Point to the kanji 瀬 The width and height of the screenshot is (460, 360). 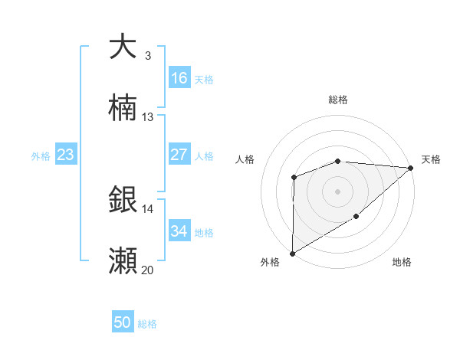tap(123, 261)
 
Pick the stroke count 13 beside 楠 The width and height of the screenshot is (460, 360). tap(148, 117)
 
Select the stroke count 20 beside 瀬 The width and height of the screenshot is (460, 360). tap(148, 270)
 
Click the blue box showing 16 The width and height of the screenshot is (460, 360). tap(179, 78)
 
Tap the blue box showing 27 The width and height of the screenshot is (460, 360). tap(179, 155)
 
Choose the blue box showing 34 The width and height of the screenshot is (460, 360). tap(179, 231)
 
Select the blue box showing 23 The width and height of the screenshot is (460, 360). tap(65, 155)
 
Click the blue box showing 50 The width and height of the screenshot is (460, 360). tap(123, 323)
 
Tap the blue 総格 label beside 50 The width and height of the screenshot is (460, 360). tap(147, 324)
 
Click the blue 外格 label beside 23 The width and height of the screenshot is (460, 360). tap(41, 156)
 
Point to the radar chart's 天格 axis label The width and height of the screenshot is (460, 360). tap(431, 159)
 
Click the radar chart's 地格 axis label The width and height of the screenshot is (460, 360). tap(402, 262)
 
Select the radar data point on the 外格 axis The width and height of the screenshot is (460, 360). tap(292, 253)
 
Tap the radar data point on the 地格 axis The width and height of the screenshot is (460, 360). tap(356, 217)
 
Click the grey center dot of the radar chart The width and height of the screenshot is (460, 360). tap(337, 191)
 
